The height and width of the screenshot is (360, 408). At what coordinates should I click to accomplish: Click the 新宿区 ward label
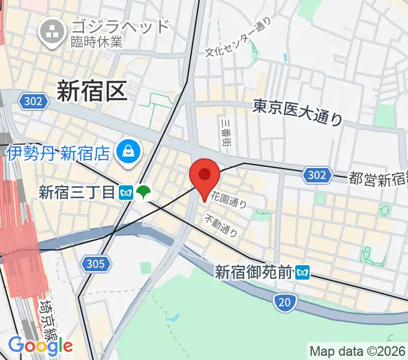click(92, 91)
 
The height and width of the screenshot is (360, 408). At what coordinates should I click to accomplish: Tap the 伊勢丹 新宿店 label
click(58, 152)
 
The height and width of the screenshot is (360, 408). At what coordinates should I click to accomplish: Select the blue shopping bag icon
click(128, 151)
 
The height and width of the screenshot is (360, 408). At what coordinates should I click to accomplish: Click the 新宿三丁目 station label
click(76, 193)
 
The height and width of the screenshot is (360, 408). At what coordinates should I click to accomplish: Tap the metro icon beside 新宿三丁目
click(126, 193)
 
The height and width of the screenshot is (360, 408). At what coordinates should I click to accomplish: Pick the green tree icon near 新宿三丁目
click(143, 192)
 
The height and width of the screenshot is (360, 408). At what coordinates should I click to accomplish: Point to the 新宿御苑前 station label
click(254, 272)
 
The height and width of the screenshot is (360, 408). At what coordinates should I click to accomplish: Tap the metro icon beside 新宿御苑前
click(304, 273)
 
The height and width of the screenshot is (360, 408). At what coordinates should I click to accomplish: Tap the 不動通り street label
click(217, 224)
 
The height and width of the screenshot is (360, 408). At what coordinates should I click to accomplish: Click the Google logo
click(40, 345)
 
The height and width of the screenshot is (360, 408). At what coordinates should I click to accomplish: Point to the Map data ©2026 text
click(358, 350)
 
